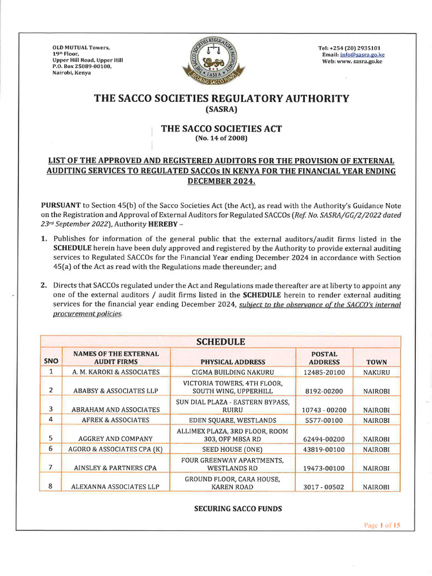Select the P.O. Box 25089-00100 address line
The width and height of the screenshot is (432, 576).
tap(82, 66)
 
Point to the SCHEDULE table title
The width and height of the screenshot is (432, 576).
tap(220, 341)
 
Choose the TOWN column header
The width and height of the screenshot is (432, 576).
tap(376, 362)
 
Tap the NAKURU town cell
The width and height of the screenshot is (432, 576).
tap(376, 372)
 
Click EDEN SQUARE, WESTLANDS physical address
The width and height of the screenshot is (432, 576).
tap(232, 420)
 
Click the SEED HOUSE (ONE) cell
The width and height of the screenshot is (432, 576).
tap(232, 449)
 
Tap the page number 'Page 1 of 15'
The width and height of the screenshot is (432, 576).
tap(381, 525)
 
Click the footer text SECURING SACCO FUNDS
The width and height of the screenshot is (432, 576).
tap(238, 508)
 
